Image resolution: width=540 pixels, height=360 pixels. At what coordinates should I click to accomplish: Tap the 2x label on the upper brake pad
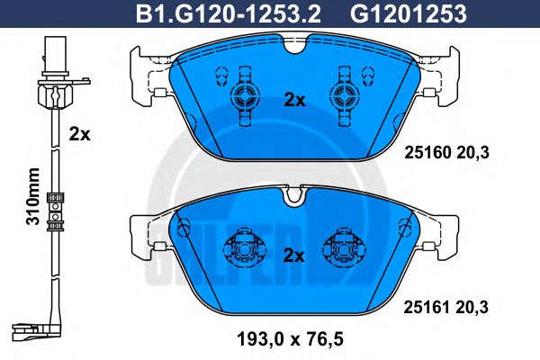coord(294,101)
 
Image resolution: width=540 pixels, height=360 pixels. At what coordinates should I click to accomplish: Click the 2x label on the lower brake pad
coord(294,254)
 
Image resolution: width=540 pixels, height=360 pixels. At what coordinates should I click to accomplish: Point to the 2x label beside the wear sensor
coord(80,135)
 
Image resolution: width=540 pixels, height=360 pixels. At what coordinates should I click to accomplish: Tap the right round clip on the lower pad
coord(343,247)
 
